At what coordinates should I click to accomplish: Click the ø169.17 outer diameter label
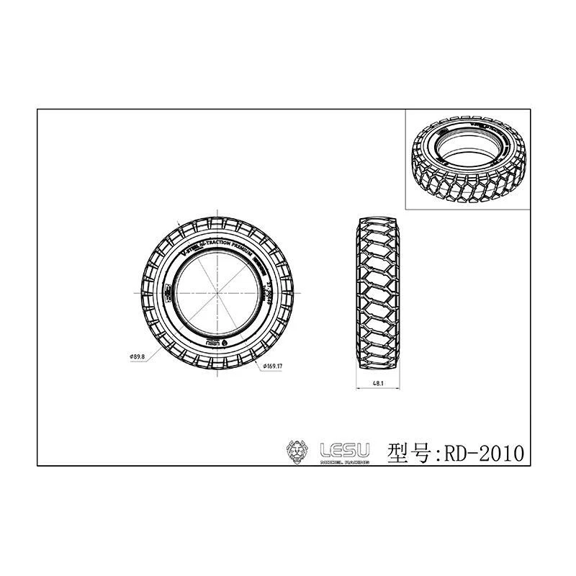[271, 366]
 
